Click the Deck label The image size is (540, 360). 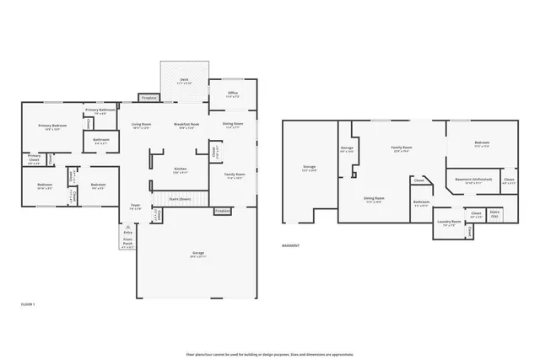(184, 81)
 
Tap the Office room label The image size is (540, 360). (232, 94)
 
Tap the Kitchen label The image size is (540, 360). (181, 169)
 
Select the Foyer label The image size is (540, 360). (135, 206)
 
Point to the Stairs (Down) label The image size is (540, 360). (180, 200)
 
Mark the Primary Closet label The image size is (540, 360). (34, 158)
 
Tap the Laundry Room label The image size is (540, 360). (448, 223)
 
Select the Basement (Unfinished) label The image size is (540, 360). (473, 180)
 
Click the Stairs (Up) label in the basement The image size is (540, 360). (495, 214)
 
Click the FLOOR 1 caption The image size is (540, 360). (28, 304)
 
